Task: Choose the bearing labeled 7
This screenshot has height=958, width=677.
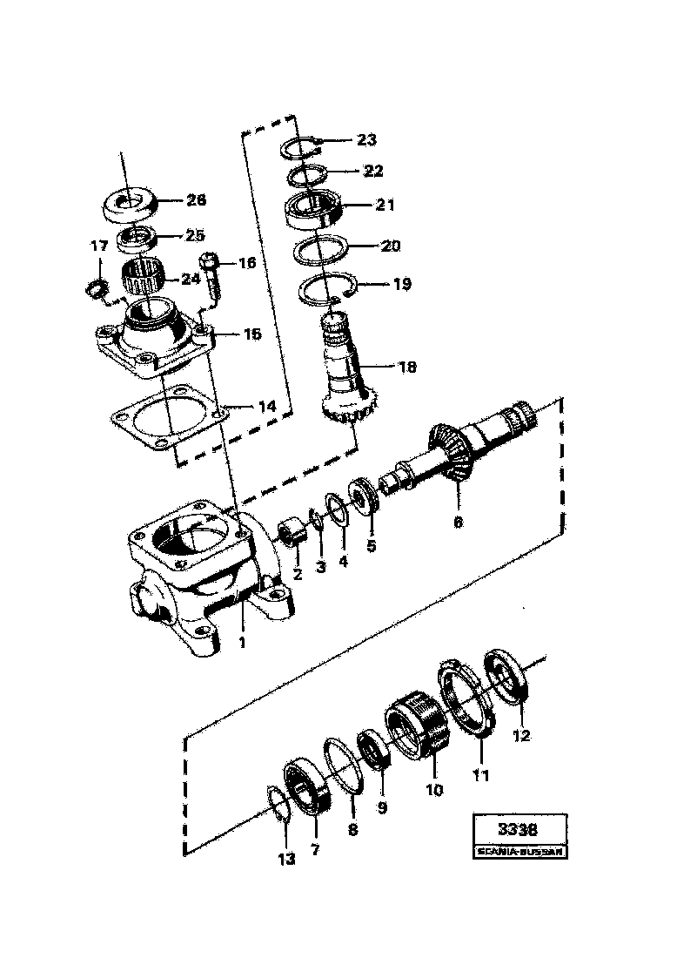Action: [x=305, y=788]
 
